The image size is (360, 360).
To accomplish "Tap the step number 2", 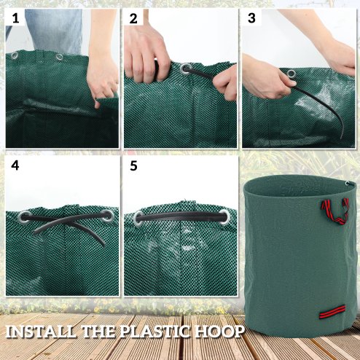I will click(x=133, y=19).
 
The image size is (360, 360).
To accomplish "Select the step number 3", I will click(x=251, y=19).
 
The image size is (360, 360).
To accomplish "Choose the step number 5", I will click(x=133, y=165).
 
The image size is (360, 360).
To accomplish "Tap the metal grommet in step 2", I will click(x=186, y=70).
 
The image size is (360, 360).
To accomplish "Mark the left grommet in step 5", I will click(x=138, y=216).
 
